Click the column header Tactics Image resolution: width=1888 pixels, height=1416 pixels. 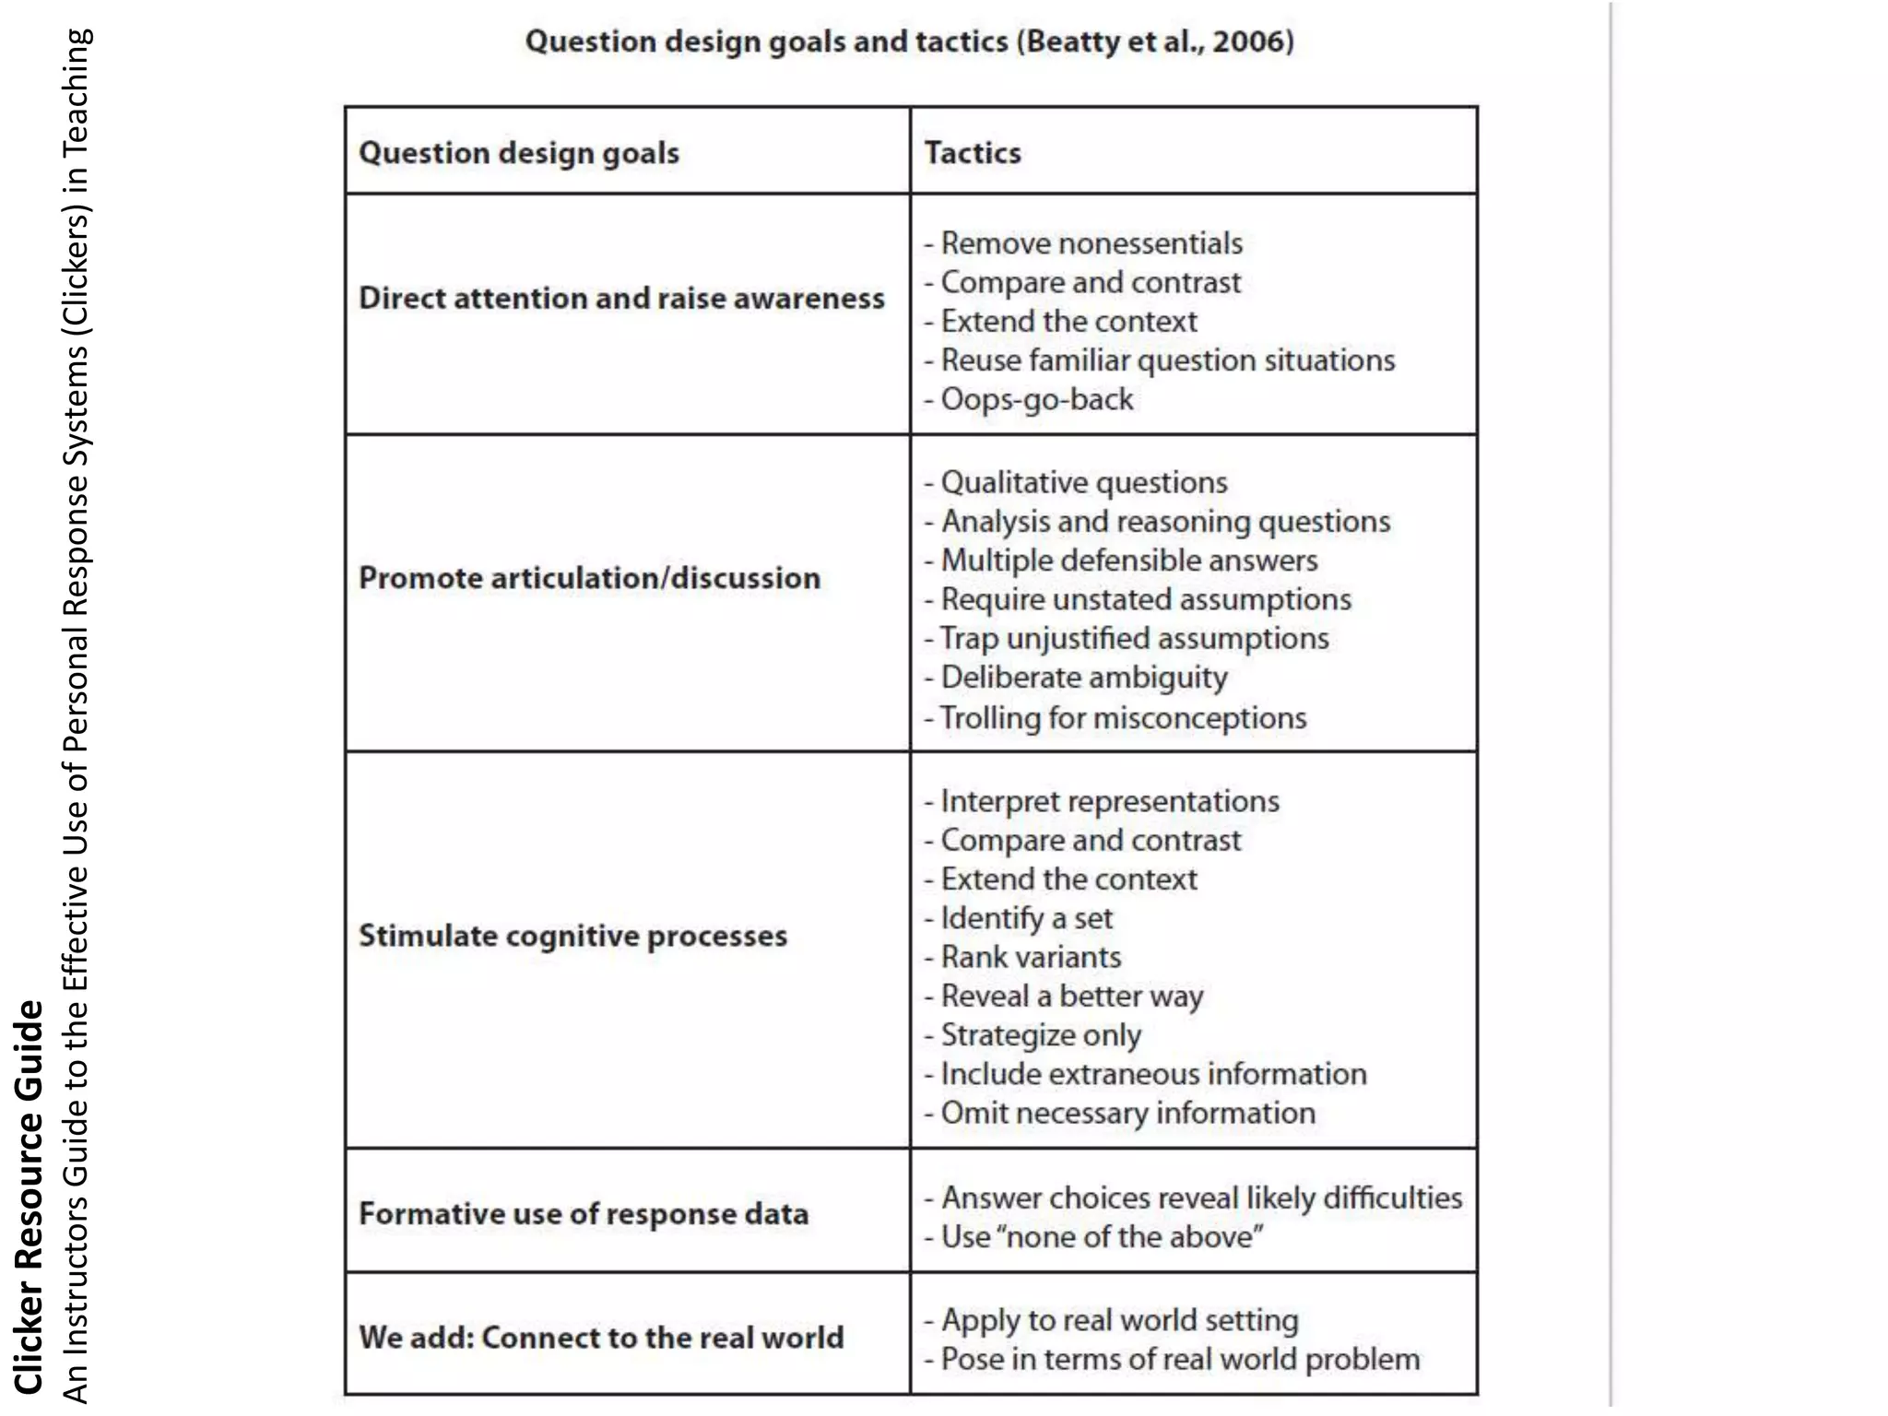click(x=973, y=152)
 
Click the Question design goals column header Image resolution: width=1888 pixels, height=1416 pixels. click(x=519, y=152)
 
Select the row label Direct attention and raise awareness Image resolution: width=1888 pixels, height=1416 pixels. click(x=621, y=298)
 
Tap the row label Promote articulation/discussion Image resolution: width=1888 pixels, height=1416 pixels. click(x=589, y=578)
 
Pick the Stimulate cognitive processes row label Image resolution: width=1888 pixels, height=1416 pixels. click(x=572, y=936)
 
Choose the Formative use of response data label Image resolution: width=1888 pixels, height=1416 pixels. click(x=584, y=1213)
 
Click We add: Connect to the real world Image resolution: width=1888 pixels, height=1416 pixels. click(x=601, y=1337)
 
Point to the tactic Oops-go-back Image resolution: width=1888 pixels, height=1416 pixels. click(x=1036, y=399)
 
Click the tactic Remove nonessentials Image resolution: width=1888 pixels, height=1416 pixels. click(x=1091, y=243)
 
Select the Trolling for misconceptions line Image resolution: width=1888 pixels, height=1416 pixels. click(x=1122, y=717)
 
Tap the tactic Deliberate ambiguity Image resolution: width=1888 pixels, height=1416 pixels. click(x=1083, y=678)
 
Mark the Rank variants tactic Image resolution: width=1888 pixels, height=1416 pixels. click(x=1030, y=957)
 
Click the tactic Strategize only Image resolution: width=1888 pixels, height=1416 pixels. click(x=1040, y=1035)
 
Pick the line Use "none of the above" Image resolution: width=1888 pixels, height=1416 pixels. click(x=1101, y=1236)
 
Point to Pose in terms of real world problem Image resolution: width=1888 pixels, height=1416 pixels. click(x=1179, y=1359)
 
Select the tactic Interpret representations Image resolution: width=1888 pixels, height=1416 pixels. click(x=1109, y=801)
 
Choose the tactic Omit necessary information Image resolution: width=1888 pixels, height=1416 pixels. click(x=1127, y=1113)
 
